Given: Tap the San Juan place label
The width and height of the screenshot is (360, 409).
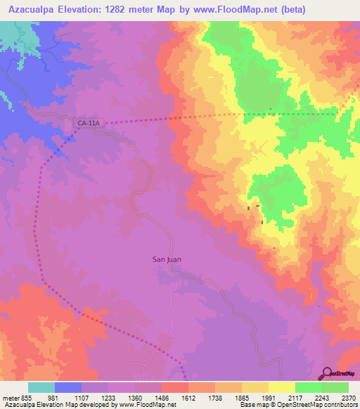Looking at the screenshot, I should (167, 259).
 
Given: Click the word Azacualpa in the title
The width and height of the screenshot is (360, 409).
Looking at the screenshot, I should (36, 9).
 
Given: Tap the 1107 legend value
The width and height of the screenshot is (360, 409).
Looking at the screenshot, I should (82, 398).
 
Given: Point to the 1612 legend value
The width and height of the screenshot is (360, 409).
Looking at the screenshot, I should (188, 398).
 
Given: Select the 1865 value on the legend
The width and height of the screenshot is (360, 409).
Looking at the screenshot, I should (242, 398).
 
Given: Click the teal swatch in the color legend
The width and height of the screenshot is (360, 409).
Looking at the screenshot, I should (41, 387).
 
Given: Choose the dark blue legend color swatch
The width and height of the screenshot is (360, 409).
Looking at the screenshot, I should (68, 387).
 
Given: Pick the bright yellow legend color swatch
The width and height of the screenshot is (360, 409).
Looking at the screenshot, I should (282, 387).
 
